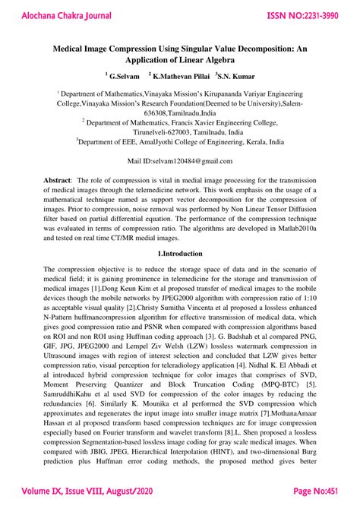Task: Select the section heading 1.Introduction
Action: (x=180, y=253)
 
